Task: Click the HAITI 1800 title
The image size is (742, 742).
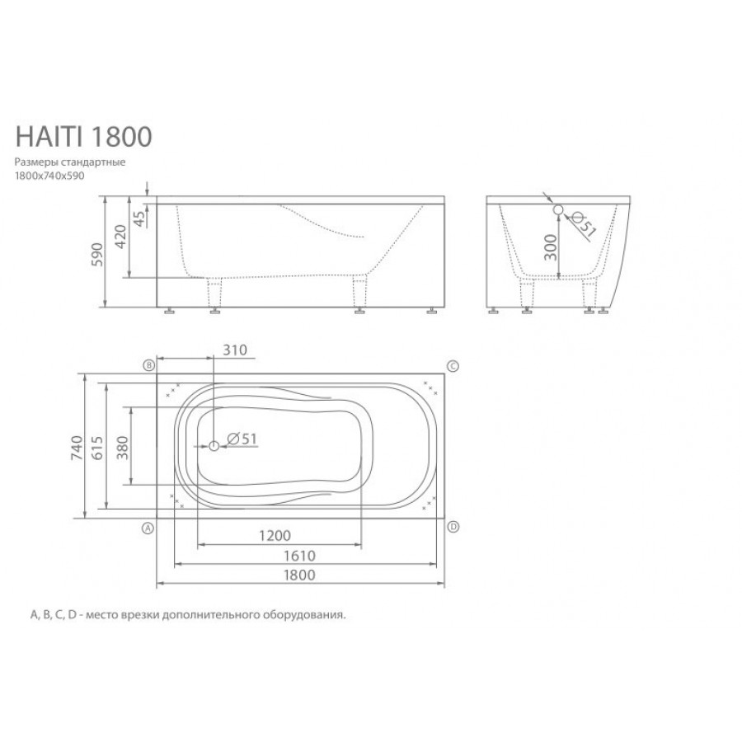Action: coord(84,136)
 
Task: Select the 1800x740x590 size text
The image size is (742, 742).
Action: coord(49,176)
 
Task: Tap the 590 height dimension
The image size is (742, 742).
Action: coord(97,254)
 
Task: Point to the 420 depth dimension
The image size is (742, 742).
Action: coord(121,237)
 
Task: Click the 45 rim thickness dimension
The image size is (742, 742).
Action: coord(139,218)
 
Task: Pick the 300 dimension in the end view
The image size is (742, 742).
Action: coord(551,247)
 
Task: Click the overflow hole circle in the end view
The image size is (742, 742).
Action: coord(558,209)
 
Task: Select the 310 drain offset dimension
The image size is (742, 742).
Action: coord(235,350)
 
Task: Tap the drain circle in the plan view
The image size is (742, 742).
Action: coord(214,445)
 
